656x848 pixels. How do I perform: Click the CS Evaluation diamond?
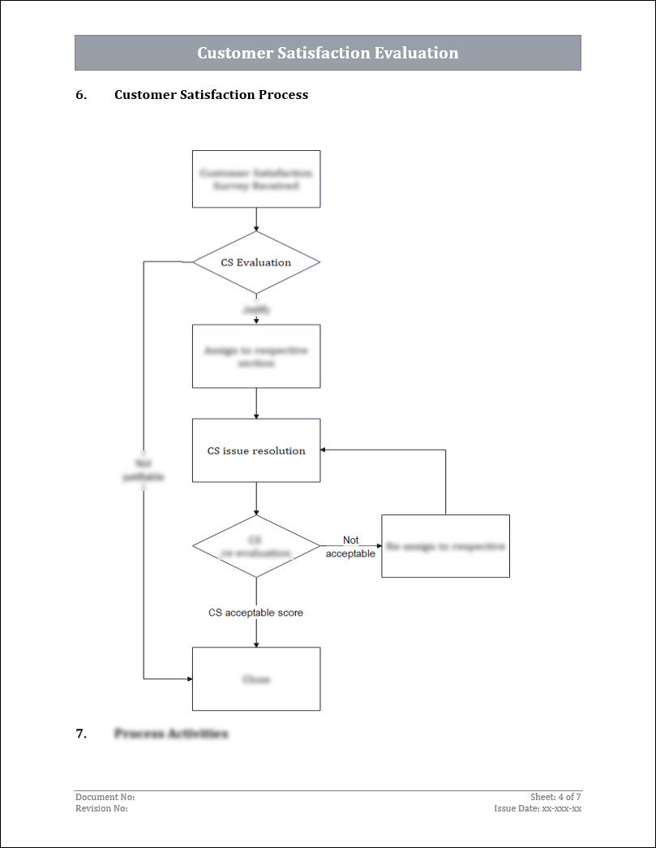tap(256, 262)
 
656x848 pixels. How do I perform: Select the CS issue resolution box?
tap(256, 450)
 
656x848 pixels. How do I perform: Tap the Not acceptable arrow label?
tap(350, 547)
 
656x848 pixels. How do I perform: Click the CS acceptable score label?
tap(256, 613)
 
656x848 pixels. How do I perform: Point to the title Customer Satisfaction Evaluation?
tap(328, 53)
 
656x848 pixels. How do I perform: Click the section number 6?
tap(80, 95)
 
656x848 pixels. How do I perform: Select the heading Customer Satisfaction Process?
tap(211, 95)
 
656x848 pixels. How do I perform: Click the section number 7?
tap(80, 734)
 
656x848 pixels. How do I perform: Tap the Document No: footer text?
tap(105, 798)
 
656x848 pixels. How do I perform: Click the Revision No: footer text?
tap(101, 808)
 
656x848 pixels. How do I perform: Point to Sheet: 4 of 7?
tap(555, 798)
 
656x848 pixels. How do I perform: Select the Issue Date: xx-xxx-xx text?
tap(538, 808)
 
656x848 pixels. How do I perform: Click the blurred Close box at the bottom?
tap(256, 679)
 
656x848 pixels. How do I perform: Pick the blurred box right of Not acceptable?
tap(445, 546)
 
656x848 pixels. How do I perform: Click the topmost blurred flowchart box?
tap(256, 179)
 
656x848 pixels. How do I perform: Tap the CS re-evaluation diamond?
tap(256, 546)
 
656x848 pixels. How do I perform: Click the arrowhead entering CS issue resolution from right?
tap(324, 450)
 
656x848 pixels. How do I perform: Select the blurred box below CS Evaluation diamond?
tap(256, 356)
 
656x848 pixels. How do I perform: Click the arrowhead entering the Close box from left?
tap(189, 678)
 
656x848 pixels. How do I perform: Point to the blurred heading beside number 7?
tap(171, 734)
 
